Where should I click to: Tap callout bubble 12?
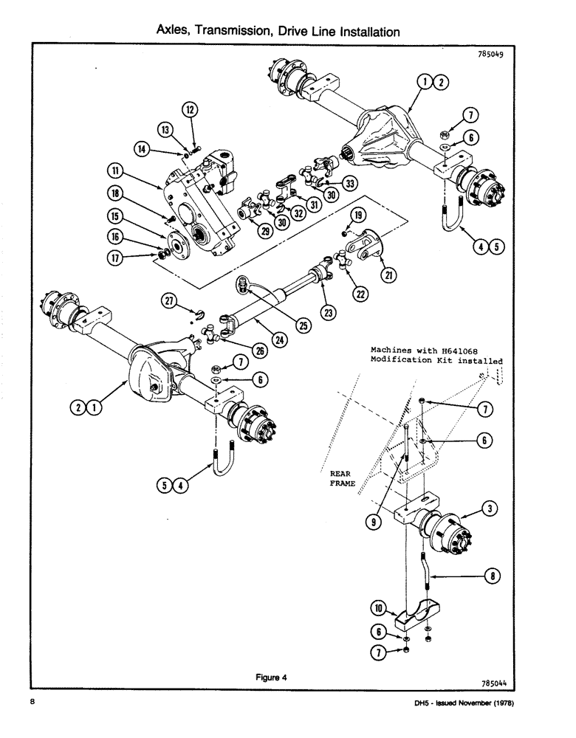(191, 111)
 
